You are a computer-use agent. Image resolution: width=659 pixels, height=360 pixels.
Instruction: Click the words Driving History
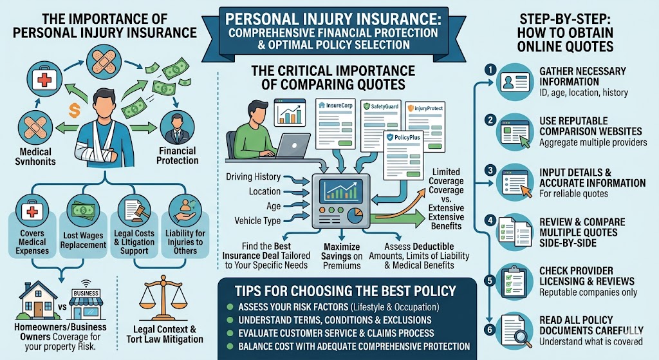(x=254, y=176)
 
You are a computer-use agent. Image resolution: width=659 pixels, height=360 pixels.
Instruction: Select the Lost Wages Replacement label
(x=84, y=240)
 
